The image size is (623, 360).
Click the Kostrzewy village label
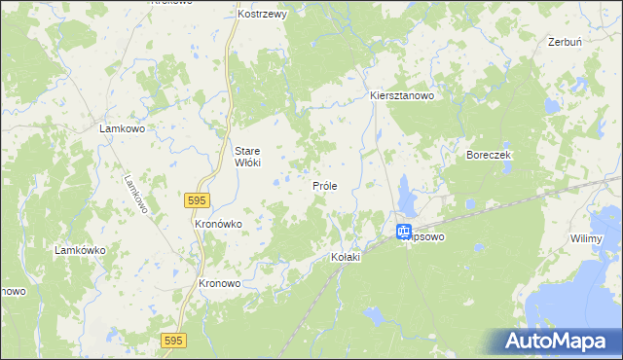click(261, 16)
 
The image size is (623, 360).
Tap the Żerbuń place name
click(565, 43)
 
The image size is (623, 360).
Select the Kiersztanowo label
click(401, 96)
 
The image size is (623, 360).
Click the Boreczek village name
click(489, 155)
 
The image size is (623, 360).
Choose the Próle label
click(324, 185)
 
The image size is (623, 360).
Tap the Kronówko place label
click(218, 224)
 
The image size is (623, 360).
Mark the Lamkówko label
click(80, 250)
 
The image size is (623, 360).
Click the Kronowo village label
click(219, 284)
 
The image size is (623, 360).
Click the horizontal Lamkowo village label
click(123, 127)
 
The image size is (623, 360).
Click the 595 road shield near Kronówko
click(197, 199)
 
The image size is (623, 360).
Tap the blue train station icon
click(404, 232)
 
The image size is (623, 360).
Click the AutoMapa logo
click(561, 341)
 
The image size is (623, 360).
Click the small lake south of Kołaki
click(373, 315)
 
